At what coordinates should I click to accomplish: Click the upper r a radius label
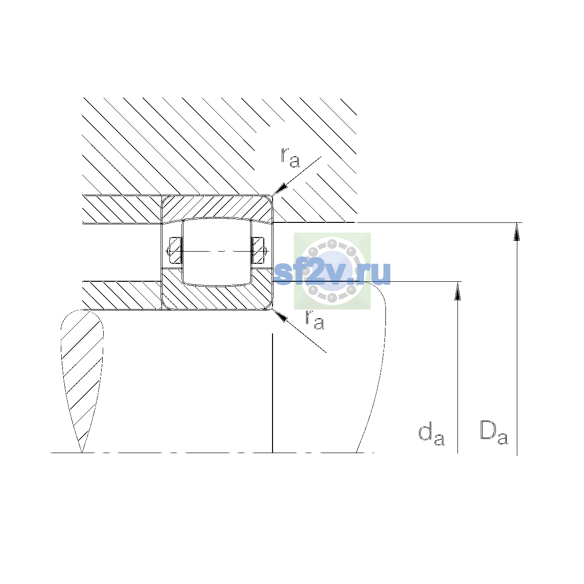click(x=291, y=158)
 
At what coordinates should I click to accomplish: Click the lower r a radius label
click(x=315, y=319)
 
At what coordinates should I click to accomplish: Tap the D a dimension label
click(x=493, y=433)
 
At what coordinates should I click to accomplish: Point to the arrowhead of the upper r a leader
click(x=279, y=189)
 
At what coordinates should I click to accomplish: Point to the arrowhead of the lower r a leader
click(x=279, y=315)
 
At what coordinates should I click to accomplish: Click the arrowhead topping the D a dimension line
click(x=516, y=232)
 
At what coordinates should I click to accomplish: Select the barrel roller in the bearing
click(x=217, y=252)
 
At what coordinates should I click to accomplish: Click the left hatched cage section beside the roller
click(x=175, y=251)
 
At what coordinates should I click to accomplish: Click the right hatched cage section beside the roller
click(x=258, y=251)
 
